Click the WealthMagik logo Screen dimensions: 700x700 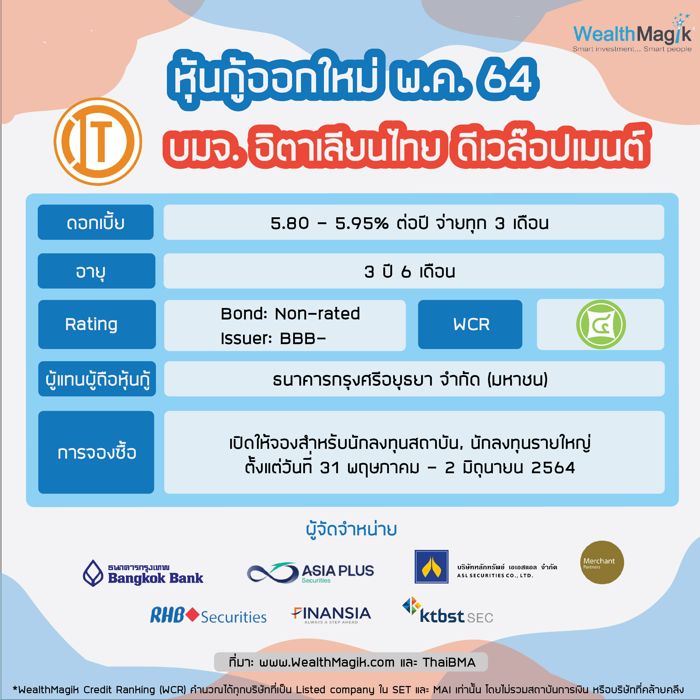632,33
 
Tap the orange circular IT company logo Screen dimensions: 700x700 98,141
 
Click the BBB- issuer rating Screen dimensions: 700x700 303,339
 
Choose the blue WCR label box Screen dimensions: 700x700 470,324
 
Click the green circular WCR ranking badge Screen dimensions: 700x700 601,324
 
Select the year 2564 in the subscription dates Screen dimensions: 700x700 553,468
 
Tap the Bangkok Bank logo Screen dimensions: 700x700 143,573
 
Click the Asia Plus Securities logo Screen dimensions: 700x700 310,573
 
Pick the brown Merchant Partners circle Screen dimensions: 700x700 602,562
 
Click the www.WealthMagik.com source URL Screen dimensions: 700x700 327,662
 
